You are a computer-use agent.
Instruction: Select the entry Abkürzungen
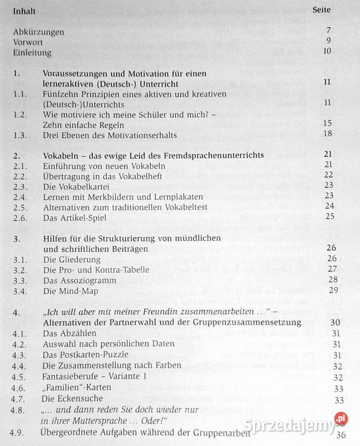coord(38,32)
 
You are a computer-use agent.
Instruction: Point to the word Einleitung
coord(32,53)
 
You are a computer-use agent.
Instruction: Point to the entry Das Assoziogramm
coord(78,279)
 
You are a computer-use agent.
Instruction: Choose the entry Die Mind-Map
coord(70,290)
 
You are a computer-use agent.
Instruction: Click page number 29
coord(333,290)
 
